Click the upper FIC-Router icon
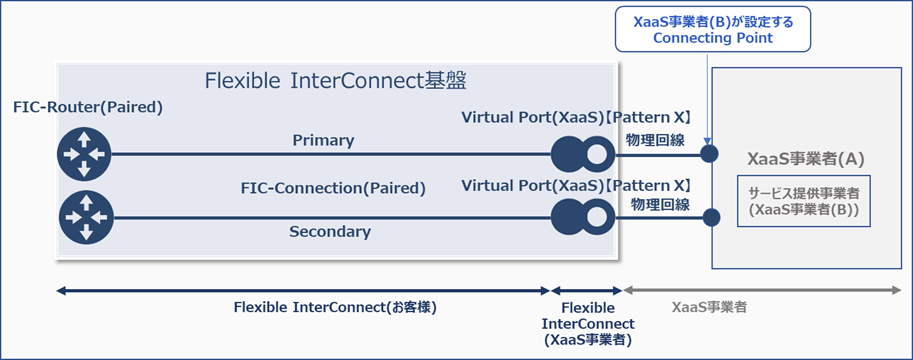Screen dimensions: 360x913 pyautogui.click(x=85, y=154)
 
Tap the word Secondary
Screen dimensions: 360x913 pyautogui.click(x=329, y=232)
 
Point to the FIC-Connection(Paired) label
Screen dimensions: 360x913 pyautogui.click(x=333, y=188)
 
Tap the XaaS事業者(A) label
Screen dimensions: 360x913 pyautogui.click(x=805, y=158)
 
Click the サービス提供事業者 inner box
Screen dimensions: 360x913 pyautogui.click(x=806, y=203)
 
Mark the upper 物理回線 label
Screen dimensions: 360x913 pyautogui.click(x=658, y=139)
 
